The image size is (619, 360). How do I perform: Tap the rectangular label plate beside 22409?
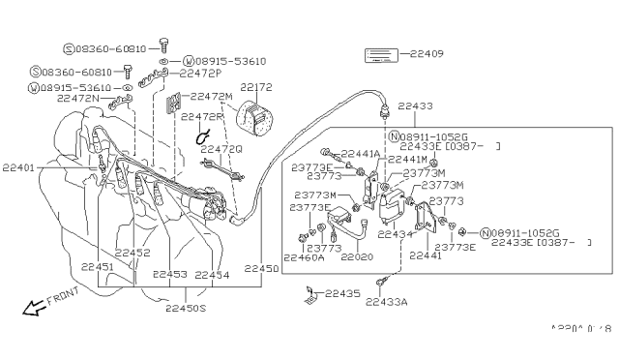click(x=381, y=54)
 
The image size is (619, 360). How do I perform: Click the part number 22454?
click(x=213, y=275)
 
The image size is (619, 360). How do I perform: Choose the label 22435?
click(x=342, y=291)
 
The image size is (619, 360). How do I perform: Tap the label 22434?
click(x=396, y=233)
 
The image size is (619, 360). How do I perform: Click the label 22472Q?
click(x=222, y=149)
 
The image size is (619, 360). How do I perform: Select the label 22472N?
click(x=78, y=98)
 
